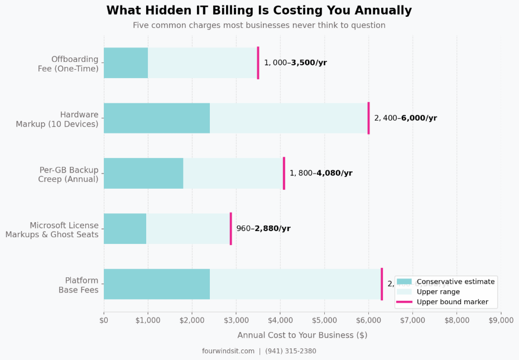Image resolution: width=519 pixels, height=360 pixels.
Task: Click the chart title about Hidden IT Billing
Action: pyautogui.click(x=259, y=11)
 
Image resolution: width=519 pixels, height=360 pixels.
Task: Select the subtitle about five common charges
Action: pyautogui.click(x=259, y=25)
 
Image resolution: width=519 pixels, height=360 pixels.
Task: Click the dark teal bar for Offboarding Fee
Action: pyautogui.click(x=126, y=63)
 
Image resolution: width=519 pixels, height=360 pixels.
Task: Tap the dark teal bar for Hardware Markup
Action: pyautogui.click(x=157, y=118)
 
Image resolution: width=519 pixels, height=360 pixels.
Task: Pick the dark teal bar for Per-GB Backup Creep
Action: pyautogui.click(x=143, y=173)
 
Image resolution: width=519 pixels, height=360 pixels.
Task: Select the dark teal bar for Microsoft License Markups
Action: pyautogui.click(x=125, y=228)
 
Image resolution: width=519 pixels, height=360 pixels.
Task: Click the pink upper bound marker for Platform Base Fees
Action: pyautogui.click(x=382, y=284)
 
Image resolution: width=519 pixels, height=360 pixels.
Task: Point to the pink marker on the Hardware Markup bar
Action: pyautogui.click(x=368, y=118)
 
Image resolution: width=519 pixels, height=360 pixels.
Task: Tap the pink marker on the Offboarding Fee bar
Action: pyautogui.click(x=258, y=63)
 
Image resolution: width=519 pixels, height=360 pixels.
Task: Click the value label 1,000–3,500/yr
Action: pyautogui.click(x=295, y=63)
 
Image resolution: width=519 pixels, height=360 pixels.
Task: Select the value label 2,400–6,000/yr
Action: pyautogui.click(x=405, y=118)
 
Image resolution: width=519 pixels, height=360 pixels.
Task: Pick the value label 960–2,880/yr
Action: pyautogui.click(x=263, y=228)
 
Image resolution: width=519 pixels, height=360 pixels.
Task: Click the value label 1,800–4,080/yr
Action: pyautogui.click(x=321, y=173)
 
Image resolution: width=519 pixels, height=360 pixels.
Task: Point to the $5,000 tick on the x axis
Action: pyautogui.click(x=324, y=320)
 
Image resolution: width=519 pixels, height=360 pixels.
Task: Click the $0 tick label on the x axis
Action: pyautogui.click(x=104, y=320)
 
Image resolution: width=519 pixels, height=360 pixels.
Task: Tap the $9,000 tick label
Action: pyautogui.click(x=501, y=320)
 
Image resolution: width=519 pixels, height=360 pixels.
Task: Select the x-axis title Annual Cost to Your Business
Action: pyautogui.click(x=302, y=335)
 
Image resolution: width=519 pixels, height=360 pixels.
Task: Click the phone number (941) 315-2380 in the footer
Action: pyautogui.click(x=290, y=351)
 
